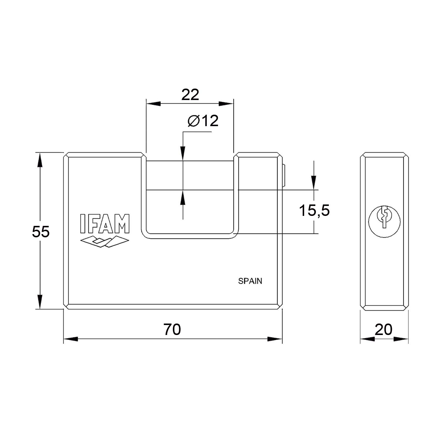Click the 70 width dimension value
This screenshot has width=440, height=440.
coord(172,329)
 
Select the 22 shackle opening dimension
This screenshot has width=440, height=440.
coord(190,94)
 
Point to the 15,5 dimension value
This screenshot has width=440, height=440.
coord(314,211)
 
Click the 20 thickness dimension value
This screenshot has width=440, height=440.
coord(383,329)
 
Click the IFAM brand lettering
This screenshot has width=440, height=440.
coord(105,224)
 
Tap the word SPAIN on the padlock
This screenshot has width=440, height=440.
coord(250,281)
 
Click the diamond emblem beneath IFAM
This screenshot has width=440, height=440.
coord(104,241)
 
